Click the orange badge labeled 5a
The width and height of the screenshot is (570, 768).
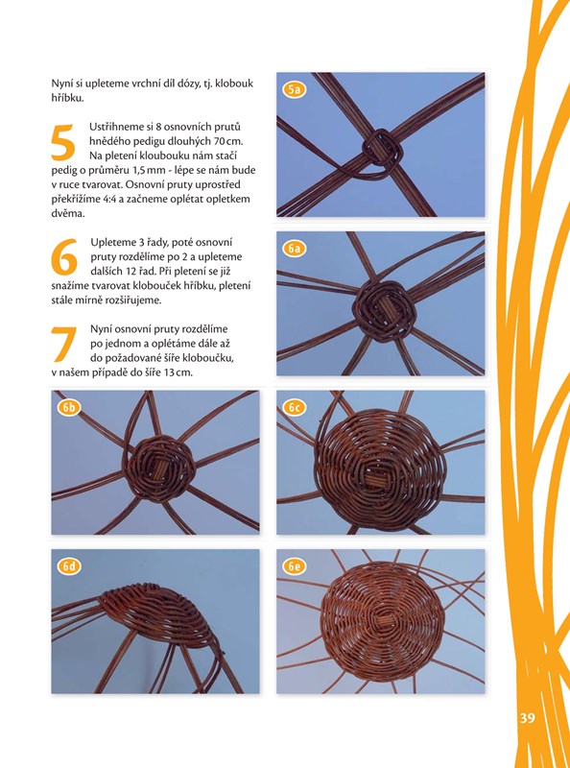pyautogui.click(x=294, y=89)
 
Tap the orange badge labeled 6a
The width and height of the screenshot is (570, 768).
pyautogui.click(x=294, y=249)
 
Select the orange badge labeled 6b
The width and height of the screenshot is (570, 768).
pyautogui.click(x=69, y=407)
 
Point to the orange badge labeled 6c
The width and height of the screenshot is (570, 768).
pyautogui.click(x=294, y=407)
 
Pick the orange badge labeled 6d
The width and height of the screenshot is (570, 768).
pyautogui.click(x=69, y=566)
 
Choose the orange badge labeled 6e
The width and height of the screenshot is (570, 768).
pyautogui.click(x=294, y=566)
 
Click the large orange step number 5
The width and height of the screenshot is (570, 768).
pyautogui.click(x=63, y=142)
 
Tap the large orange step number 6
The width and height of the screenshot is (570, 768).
pyautogui.click(x=64, y=257)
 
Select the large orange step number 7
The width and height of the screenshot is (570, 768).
pyautogui.click(x=63, y=344)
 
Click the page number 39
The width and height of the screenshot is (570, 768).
pyautogui.click(x=527, y=718)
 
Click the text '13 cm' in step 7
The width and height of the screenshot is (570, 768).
pyautogui.click(x=178, y=372)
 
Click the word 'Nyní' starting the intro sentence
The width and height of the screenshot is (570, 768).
pyautogui.click(x=60, y=84)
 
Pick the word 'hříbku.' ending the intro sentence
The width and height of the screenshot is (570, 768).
pyautogui.click(x=67, y=98)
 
